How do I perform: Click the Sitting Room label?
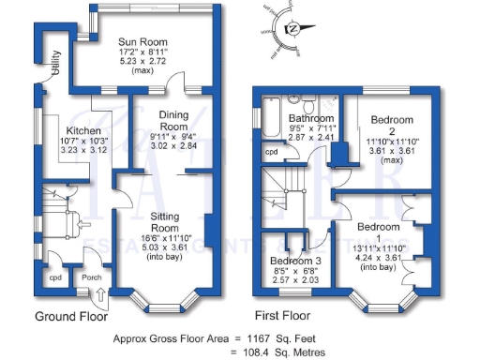(x=165, y=221)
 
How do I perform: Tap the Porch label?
(x=91, y=277)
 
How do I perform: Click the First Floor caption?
(x=282, y=316)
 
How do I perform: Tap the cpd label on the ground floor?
(x=54, y=277)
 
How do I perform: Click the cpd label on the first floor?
(x=271, y=152)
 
